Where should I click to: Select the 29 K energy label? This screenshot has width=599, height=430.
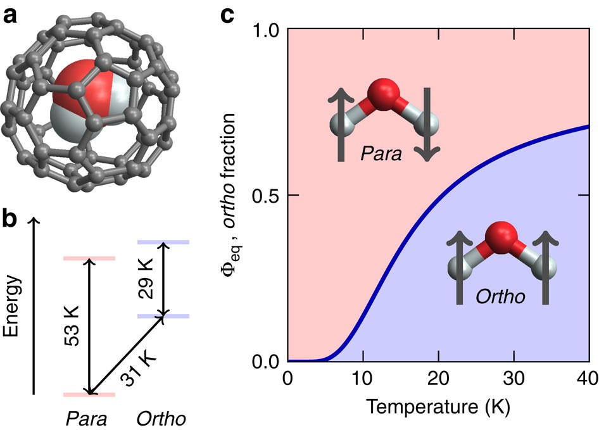pyautogui.click(x=148, y=279)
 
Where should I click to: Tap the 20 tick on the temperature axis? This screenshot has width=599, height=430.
pyautogui.click(x=438, y=379)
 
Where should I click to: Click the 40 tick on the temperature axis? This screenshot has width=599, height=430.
pyautogui.click(x=588, y=379)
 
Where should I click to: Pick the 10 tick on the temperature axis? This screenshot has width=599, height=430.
pyautogui.click(x=363, y=379)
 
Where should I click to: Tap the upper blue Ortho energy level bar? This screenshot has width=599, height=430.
pyautogui.click(x=163, y=243)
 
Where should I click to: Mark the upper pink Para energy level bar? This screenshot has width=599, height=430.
pyautogui.click(x=88, y=258)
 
